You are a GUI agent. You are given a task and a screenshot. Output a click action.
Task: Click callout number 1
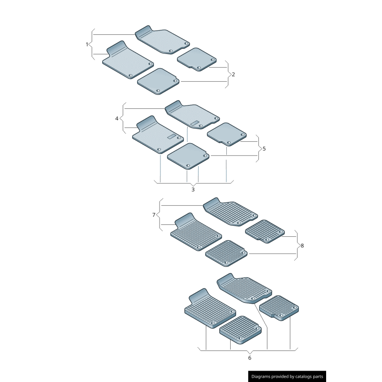pyautogui.click(x=87, y=44)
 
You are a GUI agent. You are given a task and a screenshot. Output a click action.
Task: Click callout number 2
pyautogui.click(x=233, y=74)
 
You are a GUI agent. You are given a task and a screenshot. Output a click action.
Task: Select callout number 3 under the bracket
pyautogui.click(x=193, y=190)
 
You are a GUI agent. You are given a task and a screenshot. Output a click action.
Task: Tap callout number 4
pyautogui.click(x=117, y=118)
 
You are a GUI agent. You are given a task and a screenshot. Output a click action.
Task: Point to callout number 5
pyautogui.click(x=264, y=149)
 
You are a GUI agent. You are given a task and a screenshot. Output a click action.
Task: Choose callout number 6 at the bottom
pyautogui.click(x=250, y=358)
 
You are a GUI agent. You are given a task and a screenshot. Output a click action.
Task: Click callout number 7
pyautogui.click(x=154, y=215)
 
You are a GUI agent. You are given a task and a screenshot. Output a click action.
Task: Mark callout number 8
pyautogui.click(x=302, y=245)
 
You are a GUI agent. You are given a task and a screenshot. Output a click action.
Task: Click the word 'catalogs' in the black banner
pyautogui.click(x=303, y=377)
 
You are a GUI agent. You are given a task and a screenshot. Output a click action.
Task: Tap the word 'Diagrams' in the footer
pyautogui.click(x=261, y=376)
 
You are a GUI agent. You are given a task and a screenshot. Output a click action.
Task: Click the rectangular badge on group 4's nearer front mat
pyautogui.click(x=172, y=137)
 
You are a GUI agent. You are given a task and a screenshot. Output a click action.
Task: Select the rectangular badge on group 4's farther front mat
pyautogui.click(x=195, y=123)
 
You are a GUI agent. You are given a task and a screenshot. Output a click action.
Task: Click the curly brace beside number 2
pyautogui.click(x=227, y=74)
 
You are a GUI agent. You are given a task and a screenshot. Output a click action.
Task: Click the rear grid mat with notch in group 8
pyautogui.click(x=265, y=232)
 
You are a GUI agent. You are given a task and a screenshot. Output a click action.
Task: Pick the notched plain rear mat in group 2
pyautogui.click(x=197, y=59)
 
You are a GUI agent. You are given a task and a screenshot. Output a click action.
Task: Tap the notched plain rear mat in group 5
pyautogui.click(x=227, y=134)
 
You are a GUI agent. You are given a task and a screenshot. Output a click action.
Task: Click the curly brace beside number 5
pyautogui.click(x=258, y=149)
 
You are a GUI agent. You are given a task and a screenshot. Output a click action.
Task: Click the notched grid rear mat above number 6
pyautogui.click(x=279, y=308)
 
